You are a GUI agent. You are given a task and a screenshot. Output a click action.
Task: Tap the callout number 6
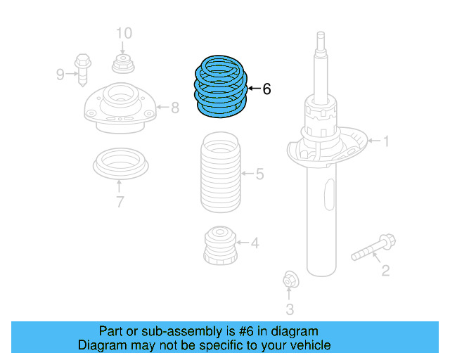click(x=266, y=89)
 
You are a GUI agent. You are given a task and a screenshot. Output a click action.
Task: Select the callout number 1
click(x=385, y=142)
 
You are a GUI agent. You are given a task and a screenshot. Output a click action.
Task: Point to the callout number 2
click(x=385, y=270)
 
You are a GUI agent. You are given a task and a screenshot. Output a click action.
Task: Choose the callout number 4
click(x=255, y=243)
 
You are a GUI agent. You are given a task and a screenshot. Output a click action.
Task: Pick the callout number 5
click(x=259, y=174)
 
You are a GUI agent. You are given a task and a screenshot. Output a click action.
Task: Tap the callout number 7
click(x=120, y=203)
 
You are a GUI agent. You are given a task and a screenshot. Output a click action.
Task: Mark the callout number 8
click(x=175, y=108)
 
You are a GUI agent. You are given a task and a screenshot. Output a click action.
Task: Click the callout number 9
click(x=60, y=74)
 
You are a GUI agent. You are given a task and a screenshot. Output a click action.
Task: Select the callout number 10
click(x=123, y=33)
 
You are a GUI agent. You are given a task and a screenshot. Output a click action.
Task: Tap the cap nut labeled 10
click(x=123, y=65)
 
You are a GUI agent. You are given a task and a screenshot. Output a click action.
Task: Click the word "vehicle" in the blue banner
click(x=307, y=345)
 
